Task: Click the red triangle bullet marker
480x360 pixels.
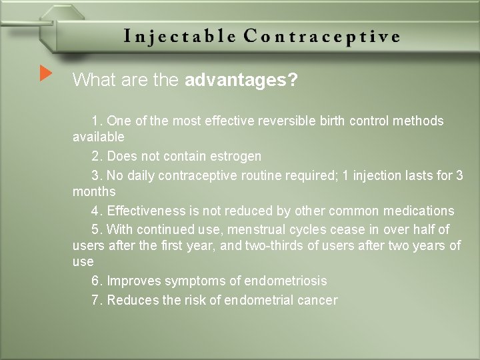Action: coord(45,73)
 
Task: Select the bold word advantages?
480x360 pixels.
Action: coord(241,81)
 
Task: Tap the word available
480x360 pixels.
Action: coord(98,137)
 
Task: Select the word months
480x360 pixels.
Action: coord(94,191)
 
